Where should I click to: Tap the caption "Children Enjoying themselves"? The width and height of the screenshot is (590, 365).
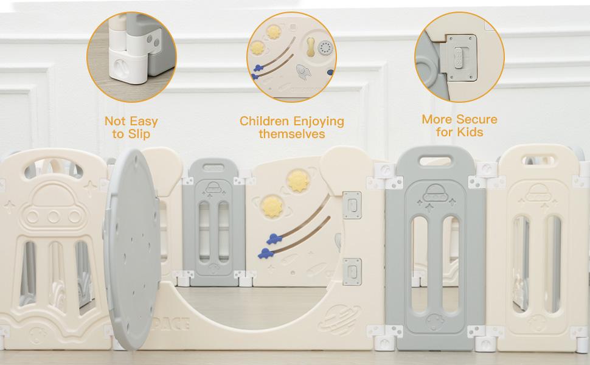tap(291, 127)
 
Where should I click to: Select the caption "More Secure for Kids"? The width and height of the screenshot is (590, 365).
tap(459, 125)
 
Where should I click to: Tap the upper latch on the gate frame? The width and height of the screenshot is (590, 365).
tap(352, 206)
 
